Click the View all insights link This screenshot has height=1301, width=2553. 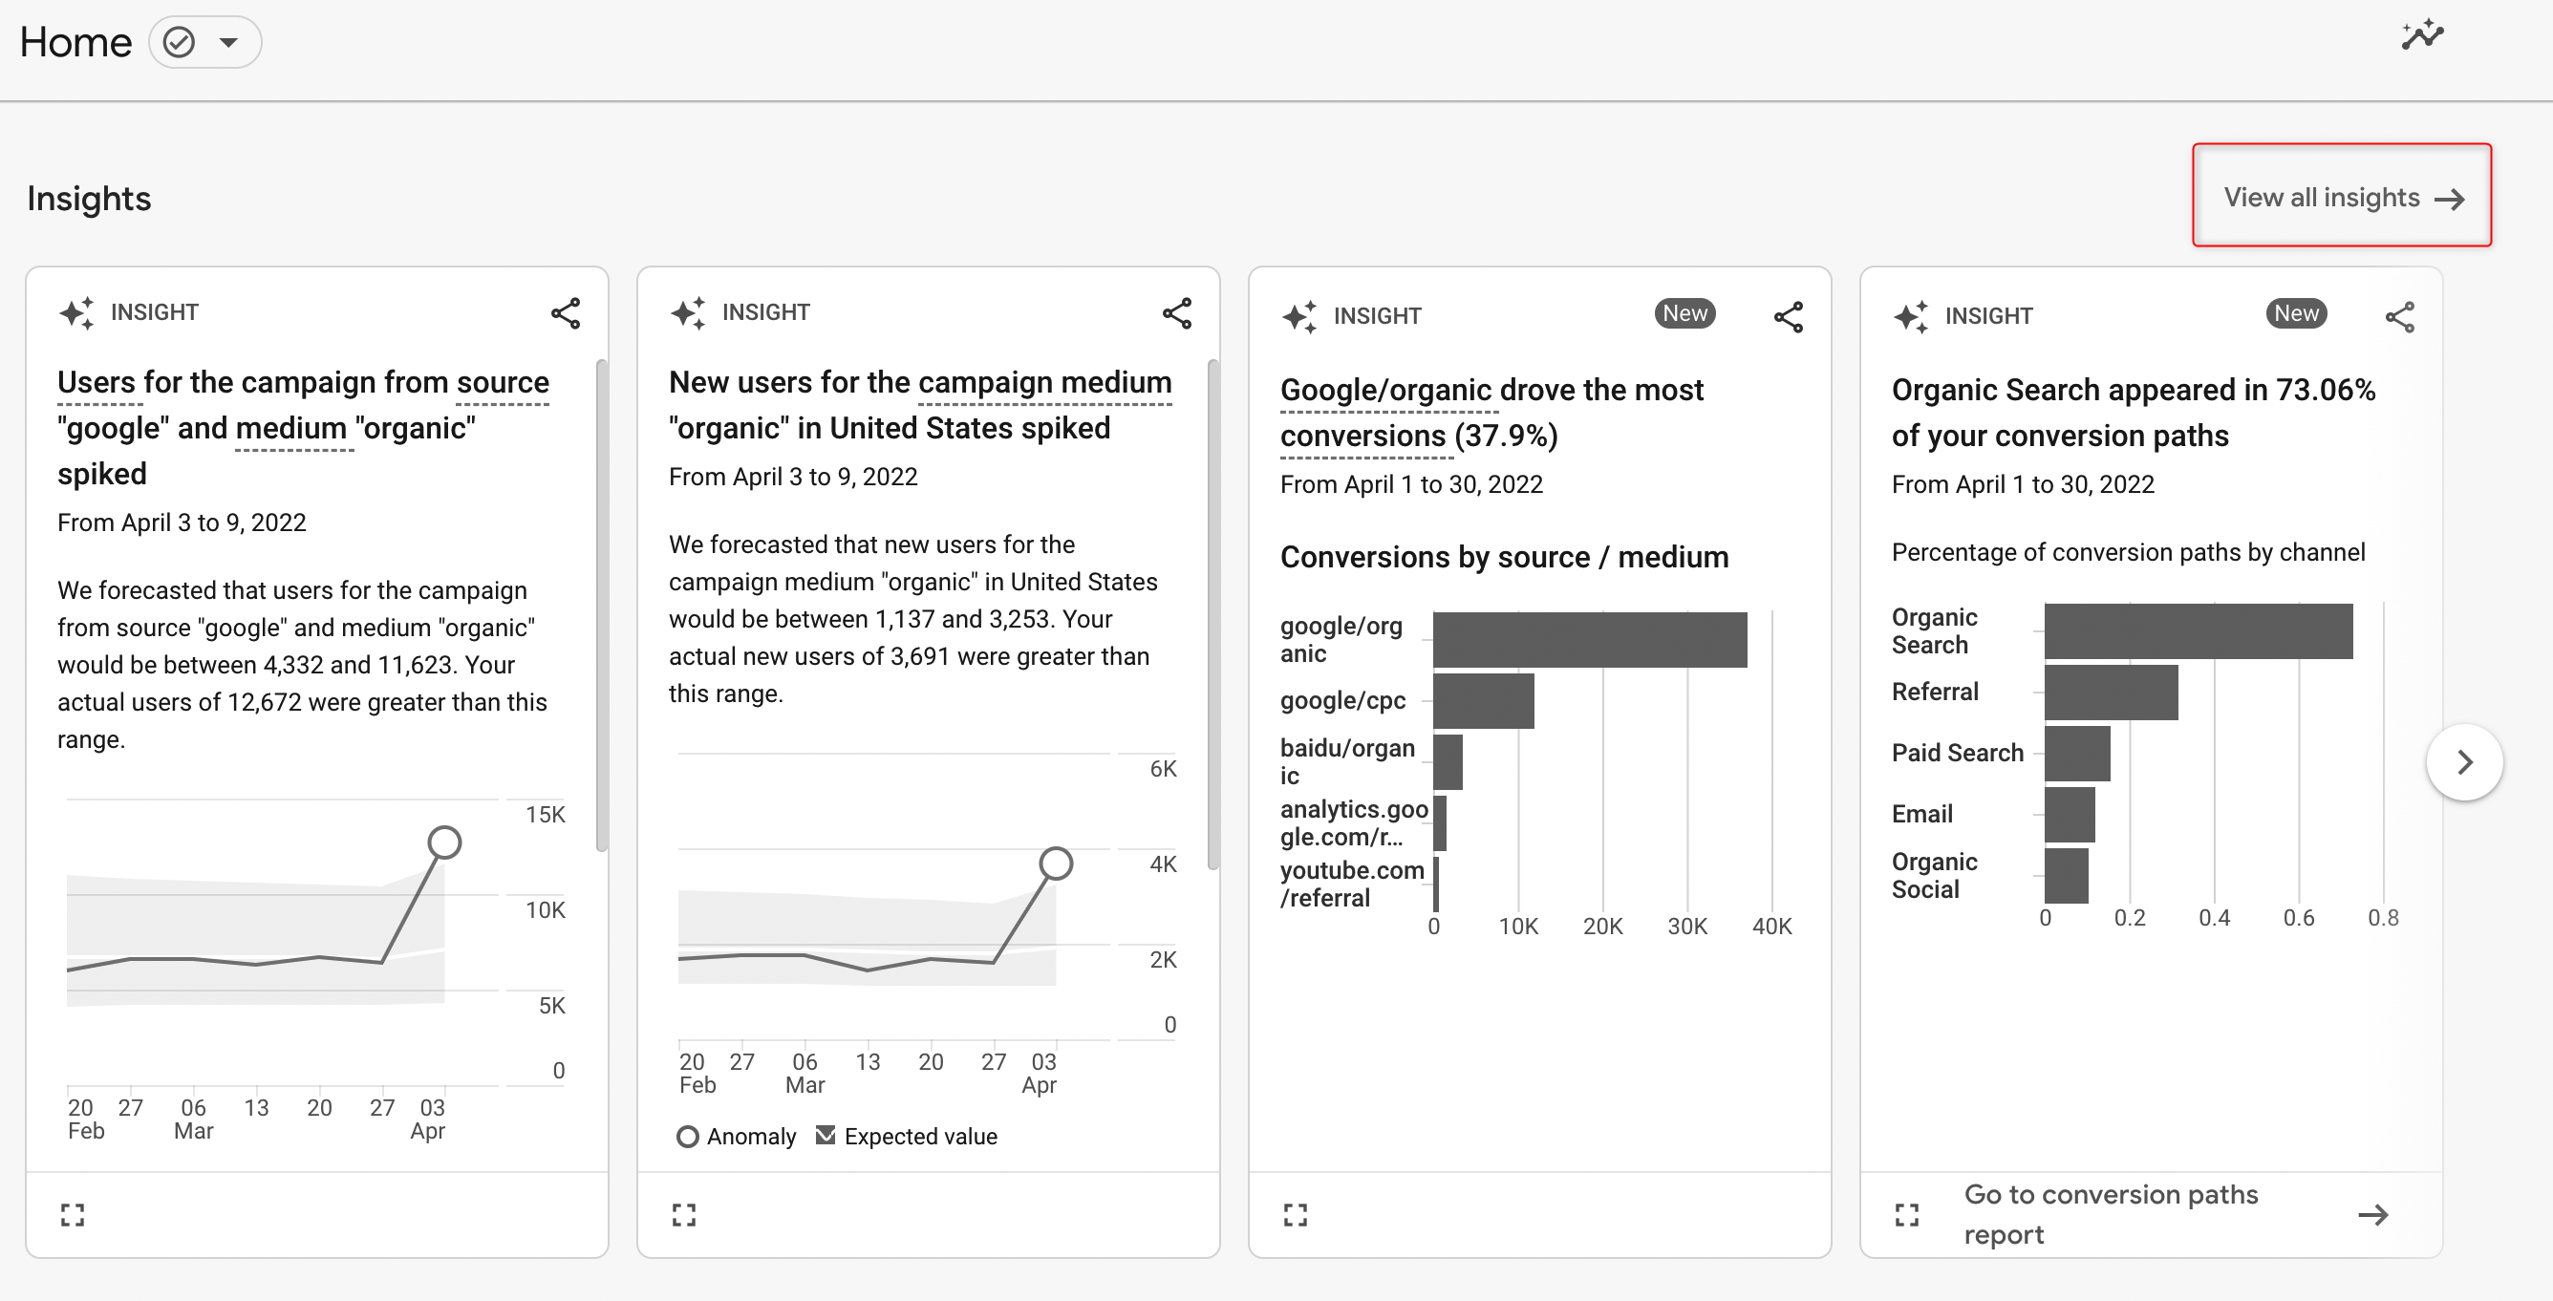tap(2342, 197)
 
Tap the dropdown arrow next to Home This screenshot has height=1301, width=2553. tap(229, 43)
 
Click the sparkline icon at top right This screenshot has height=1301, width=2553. tap(2422, 35)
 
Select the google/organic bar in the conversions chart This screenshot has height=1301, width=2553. tap(1590, 640)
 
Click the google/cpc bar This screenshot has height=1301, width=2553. tap(1483, 701)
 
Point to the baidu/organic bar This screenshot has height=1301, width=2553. tap(1447, 762)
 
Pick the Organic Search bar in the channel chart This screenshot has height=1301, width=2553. tap(2198, 631)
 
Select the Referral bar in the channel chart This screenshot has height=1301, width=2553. tap(2110, 693)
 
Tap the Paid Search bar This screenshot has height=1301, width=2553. tap(2076, 754)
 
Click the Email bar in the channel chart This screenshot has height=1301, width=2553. tap(2070, 815)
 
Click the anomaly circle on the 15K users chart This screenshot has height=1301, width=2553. tap(445, 842)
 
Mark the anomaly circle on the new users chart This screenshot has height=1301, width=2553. tap(1056, 864)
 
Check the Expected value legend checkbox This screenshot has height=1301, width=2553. tap(826, 1136)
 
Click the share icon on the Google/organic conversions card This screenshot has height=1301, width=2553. tap(1788, 317)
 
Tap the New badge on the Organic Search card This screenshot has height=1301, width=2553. tap(2295, 314)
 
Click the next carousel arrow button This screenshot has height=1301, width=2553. tap(2464, 762)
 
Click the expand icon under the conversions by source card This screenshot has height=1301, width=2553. tap(1296, 1215)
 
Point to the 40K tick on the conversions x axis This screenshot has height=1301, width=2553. tap(1771, 927)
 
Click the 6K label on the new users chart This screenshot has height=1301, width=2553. tap(1163, 769)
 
